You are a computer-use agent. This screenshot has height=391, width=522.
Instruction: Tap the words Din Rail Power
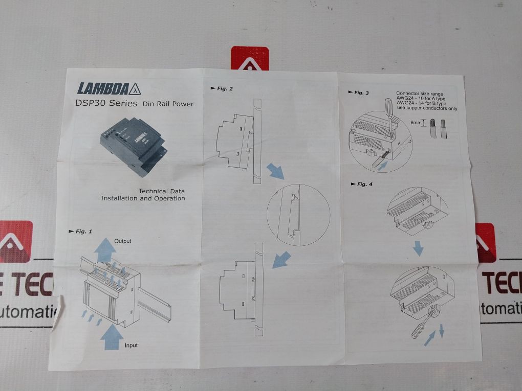click(x=168, y=104)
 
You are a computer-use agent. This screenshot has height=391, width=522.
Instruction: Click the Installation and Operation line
click(x=143, y=198)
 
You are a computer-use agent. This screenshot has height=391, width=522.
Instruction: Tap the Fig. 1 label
click(x=80, y=231)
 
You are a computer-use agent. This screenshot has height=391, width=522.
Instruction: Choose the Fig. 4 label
click(x=361, y=184)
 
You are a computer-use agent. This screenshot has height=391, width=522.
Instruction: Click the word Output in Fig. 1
click(x=123, y=240)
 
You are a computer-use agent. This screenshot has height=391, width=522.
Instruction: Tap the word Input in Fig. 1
click(x=131, y=346)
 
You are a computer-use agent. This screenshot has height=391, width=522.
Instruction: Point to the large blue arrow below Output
click(x=105, y=250)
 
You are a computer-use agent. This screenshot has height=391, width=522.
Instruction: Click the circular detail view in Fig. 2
click(x=298, y=215)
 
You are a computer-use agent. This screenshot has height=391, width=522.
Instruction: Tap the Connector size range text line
click(x=421, y=94)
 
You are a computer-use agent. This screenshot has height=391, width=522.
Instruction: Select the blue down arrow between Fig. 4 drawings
click(x=418, y=248)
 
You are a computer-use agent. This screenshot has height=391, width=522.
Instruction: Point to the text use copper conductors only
click(x=427, y=108)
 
